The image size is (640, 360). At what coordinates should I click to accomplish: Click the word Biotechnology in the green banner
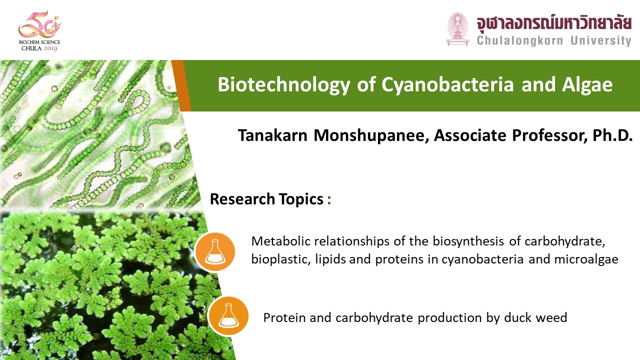click(x=284, y=85)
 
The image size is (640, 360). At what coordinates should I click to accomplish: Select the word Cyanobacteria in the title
click(x=447, y=85)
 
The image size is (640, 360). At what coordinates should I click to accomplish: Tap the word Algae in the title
click(x=587, y=85)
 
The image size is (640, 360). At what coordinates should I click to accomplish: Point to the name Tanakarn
click(x=272, y=135)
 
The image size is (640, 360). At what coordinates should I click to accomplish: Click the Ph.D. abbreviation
click(x=612, y=135)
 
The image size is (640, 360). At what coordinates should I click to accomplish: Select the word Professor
click(x=549, y=135)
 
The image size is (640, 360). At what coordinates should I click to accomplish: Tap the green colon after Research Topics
click(x=329, y=200)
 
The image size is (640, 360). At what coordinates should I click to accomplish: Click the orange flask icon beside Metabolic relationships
click(x=215, y=251)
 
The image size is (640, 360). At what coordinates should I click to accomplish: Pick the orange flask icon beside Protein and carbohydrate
click(x=228, y=315)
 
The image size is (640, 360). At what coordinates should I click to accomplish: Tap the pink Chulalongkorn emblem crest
click(x=457, y=29)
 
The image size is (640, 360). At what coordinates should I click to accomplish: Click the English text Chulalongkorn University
click(x=554, y=40)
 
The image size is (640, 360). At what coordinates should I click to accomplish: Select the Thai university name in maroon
click(x=554, y=23)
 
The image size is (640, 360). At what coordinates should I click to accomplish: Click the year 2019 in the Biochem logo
click(x=50, y=48)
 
